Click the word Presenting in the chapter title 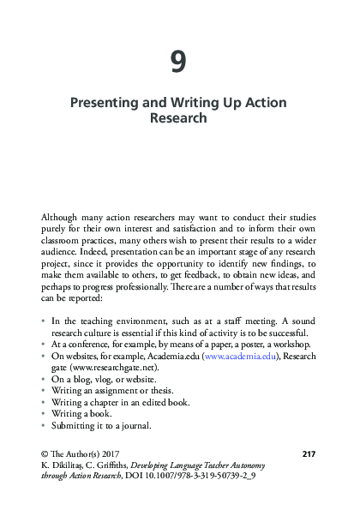pyautogui.click(x=104, y=103)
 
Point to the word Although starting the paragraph pyautogui.click(x=62, y=218)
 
